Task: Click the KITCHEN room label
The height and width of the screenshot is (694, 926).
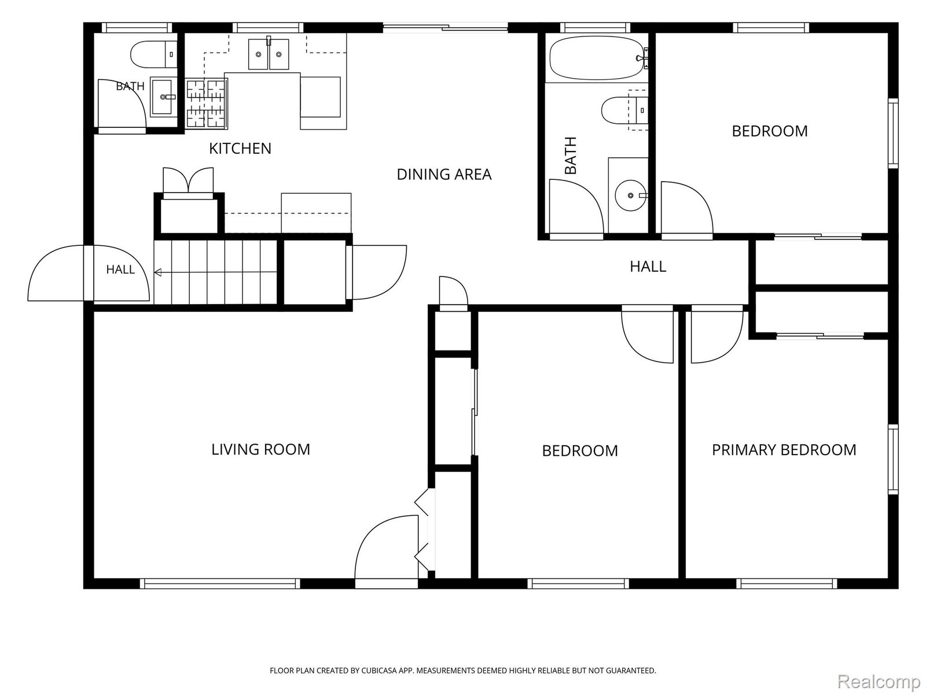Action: tap(240, 148)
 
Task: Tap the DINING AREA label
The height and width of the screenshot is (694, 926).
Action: tap(444, 174)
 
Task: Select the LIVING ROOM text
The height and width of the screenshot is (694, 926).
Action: tap(260, 449)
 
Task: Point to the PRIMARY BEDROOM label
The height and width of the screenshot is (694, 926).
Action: tap(784, 449)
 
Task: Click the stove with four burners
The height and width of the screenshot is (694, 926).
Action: tap(206, 104)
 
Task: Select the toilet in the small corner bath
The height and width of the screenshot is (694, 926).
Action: tap(153, 54)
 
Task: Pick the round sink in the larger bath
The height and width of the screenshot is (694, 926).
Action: tap(630, 195)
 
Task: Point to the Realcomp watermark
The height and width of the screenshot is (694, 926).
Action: tap(879, 681)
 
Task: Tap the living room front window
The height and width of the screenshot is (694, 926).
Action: tap(219, 583)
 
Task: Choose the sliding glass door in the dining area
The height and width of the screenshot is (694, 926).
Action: tap(446, 28)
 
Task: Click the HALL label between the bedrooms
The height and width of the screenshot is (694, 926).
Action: tap(648, 266)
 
